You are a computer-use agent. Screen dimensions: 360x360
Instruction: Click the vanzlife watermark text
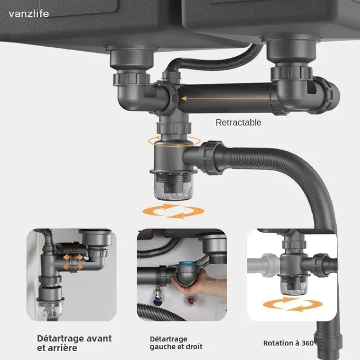29,13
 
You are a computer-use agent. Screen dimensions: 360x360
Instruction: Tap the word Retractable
238,123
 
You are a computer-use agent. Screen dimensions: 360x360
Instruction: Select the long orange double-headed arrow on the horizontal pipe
242,99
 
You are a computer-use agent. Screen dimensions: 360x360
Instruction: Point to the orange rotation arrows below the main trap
173,211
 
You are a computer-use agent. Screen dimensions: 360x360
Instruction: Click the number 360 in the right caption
308,343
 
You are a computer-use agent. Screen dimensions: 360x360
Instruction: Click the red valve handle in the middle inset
191,301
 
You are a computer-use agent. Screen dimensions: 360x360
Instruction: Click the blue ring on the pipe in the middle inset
187,264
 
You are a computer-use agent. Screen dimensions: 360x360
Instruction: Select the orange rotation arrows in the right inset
292,304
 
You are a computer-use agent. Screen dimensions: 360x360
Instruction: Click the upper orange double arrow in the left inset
73,257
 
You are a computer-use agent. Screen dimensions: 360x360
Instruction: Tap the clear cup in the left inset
50,309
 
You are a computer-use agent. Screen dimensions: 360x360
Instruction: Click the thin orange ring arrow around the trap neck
174,141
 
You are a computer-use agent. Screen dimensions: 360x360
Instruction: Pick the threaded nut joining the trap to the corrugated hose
213,158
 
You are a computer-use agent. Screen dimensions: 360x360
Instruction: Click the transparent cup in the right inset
294,286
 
